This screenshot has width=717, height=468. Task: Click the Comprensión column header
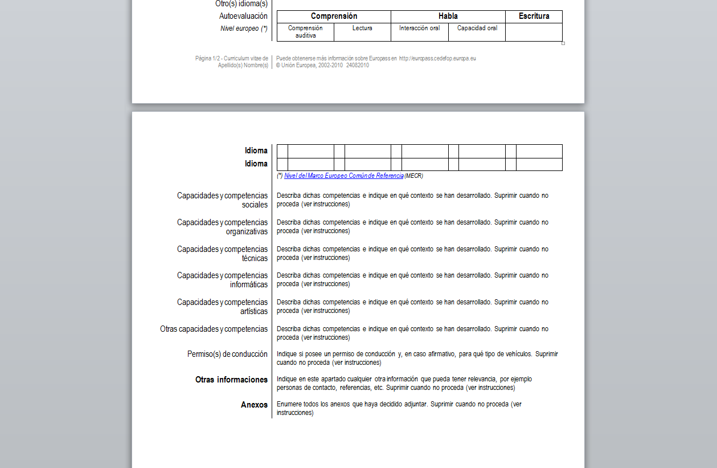[x=334, y=17]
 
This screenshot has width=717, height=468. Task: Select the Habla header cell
[x=448, y=17]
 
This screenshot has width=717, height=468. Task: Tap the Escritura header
[x=534, y=17]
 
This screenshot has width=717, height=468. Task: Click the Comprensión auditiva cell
[x=305, y=32]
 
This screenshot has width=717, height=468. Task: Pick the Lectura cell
[x=362, y=28]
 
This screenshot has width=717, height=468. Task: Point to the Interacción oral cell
[x=419, y=28]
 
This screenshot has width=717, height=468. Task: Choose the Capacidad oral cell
[x=477, y=28]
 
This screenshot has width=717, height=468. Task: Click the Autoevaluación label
[x=243, y=17]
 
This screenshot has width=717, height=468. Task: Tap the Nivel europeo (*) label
[x=244, y=29]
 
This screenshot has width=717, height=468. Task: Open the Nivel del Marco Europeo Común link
[x=343, y=176]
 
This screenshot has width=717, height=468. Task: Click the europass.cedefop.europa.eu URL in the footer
[x=437, y=58]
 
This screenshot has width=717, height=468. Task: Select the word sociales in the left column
[x=255, y=205]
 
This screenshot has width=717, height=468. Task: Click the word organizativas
[x=247, y=231]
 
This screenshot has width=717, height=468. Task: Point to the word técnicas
[x=255, y=258]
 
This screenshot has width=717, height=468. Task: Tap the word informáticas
[x=249, y=284]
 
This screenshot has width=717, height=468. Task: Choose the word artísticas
[x=254, y=311]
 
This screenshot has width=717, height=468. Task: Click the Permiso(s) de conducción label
[x=227, y=354]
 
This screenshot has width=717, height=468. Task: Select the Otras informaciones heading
[x=231, y=380]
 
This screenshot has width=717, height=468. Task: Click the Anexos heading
[x=254, y=405]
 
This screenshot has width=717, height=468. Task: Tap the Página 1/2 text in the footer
[x=206, y=58]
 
